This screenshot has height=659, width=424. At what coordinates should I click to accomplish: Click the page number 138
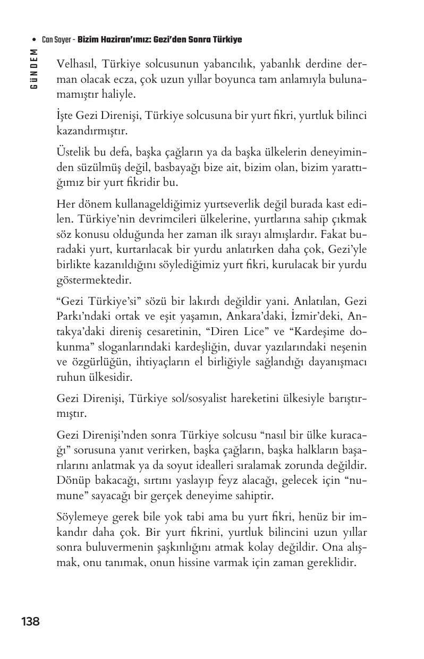(30, 621)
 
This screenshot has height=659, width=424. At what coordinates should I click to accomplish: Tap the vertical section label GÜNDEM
(34, 69)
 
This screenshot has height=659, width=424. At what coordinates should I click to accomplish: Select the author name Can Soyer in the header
(57, 40)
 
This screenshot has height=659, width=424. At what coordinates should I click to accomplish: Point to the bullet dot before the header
(34, 40)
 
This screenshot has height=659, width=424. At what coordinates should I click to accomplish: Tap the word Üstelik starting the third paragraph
(73, 153)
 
